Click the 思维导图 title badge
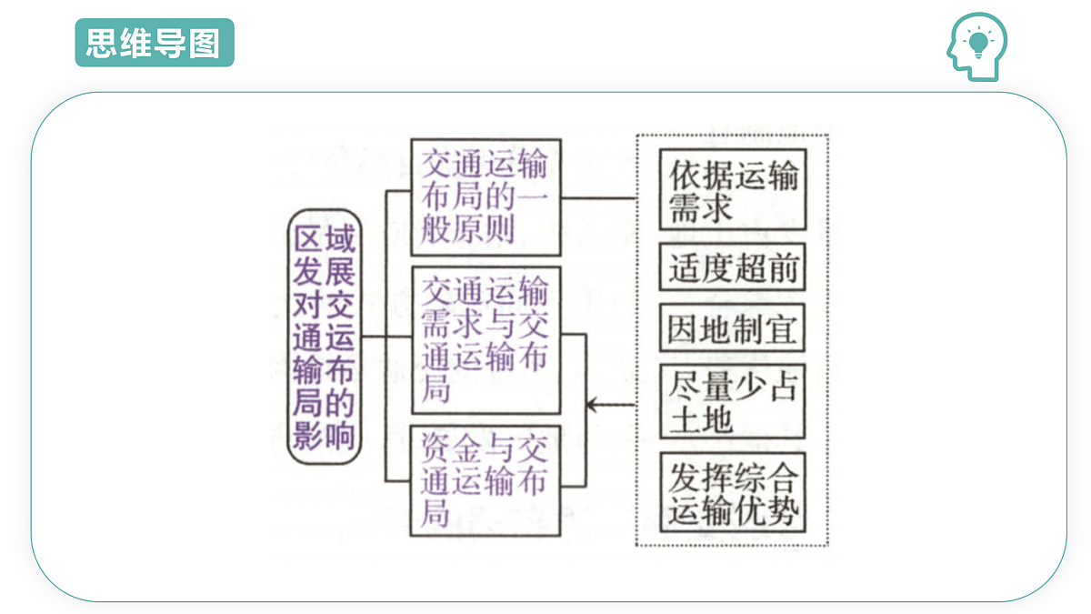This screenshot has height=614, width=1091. click(x=155, y=43)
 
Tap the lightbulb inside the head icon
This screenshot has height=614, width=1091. click(x=978, y=44)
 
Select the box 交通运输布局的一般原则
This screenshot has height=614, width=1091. click(x=486, y=197)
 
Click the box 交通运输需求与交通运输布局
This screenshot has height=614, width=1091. click(x=486, y=340)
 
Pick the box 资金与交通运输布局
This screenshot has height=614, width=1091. click(x=485, y=480)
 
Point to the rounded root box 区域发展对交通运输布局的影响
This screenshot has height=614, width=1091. click(x=325, y=337)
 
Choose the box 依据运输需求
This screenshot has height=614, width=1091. click(x=733, y=189)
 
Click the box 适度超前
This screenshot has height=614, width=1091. click(x=733, y=267)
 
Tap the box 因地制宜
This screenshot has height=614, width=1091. click(x=733, y=327)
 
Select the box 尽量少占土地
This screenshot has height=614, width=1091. click(x=733, y=401)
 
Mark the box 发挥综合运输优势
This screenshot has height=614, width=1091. click(x=733, y=492)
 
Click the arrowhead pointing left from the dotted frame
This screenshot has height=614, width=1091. click(x=592, y=405)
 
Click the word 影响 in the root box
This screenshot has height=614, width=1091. click(x=324, y=435)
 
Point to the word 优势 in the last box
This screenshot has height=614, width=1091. click(x=766, y=510)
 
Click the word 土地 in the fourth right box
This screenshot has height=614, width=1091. click(x=701, y=418)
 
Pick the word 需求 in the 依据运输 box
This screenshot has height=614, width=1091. click(x=701, y=207)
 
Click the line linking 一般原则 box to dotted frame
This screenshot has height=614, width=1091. click(x=598, y=198)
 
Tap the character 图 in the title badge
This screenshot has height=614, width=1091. click(x=205, y=43)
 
